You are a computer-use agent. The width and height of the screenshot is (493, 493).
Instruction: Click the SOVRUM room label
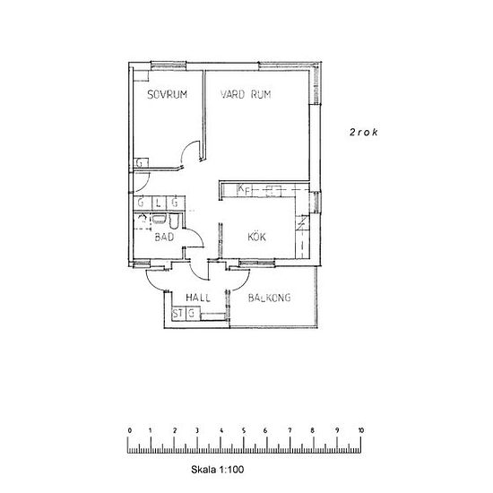pos(168,94)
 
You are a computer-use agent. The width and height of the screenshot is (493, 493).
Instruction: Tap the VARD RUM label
pos(246,94)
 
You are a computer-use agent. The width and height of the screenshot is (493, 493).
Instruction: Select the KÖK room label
pos(257,237)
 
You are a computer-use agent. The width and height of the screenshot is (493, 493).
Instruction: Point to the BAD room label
pos(164,237)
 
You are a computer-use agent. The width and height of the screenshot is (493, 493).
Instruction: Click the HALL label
pos(198,298)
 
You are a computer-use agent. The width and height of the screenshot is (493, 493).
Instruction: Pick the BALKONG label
pos(270,298)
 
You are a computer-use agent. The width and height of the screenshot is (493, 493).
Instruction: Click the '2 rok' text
pos(363,132)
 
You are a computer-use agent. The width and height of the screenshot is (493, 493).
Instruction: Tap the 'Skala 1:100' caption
pos(217,470)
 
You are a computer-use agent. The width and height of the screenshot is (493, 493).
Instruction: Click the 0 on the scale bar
pos(130,430)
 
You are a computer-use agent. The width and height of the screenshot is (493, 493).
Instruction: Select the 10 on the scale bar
pos(360,430)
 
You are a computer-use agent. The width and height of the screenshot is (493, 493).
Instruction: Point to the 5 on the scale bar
pos(244,430)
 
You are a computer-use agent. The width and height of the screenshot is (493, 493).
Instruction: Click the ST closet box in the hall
pos(178,314)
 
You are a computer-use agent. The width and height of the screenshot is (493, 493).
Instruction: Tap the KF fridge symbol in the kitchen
pos(245,190)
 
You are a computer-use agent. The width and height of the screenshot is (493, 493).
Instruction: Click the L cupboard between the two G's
pos(159,203)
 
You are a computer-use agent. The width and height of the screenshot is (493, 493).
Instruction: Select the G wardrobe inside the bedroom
pos(141,163)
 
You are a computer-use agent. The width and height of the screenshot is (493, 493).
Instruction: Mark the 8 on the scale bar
pos(312,430)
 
